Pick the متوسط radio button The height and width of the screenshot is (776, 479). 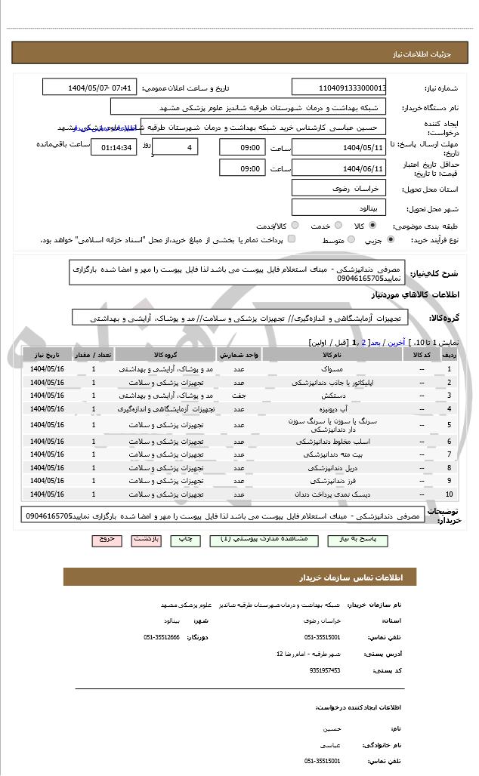pos(350,239)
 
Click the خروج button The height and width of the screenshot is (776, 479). pos(106,540)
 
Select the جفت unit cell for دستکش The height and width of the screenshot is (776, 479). pos(239,396)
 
